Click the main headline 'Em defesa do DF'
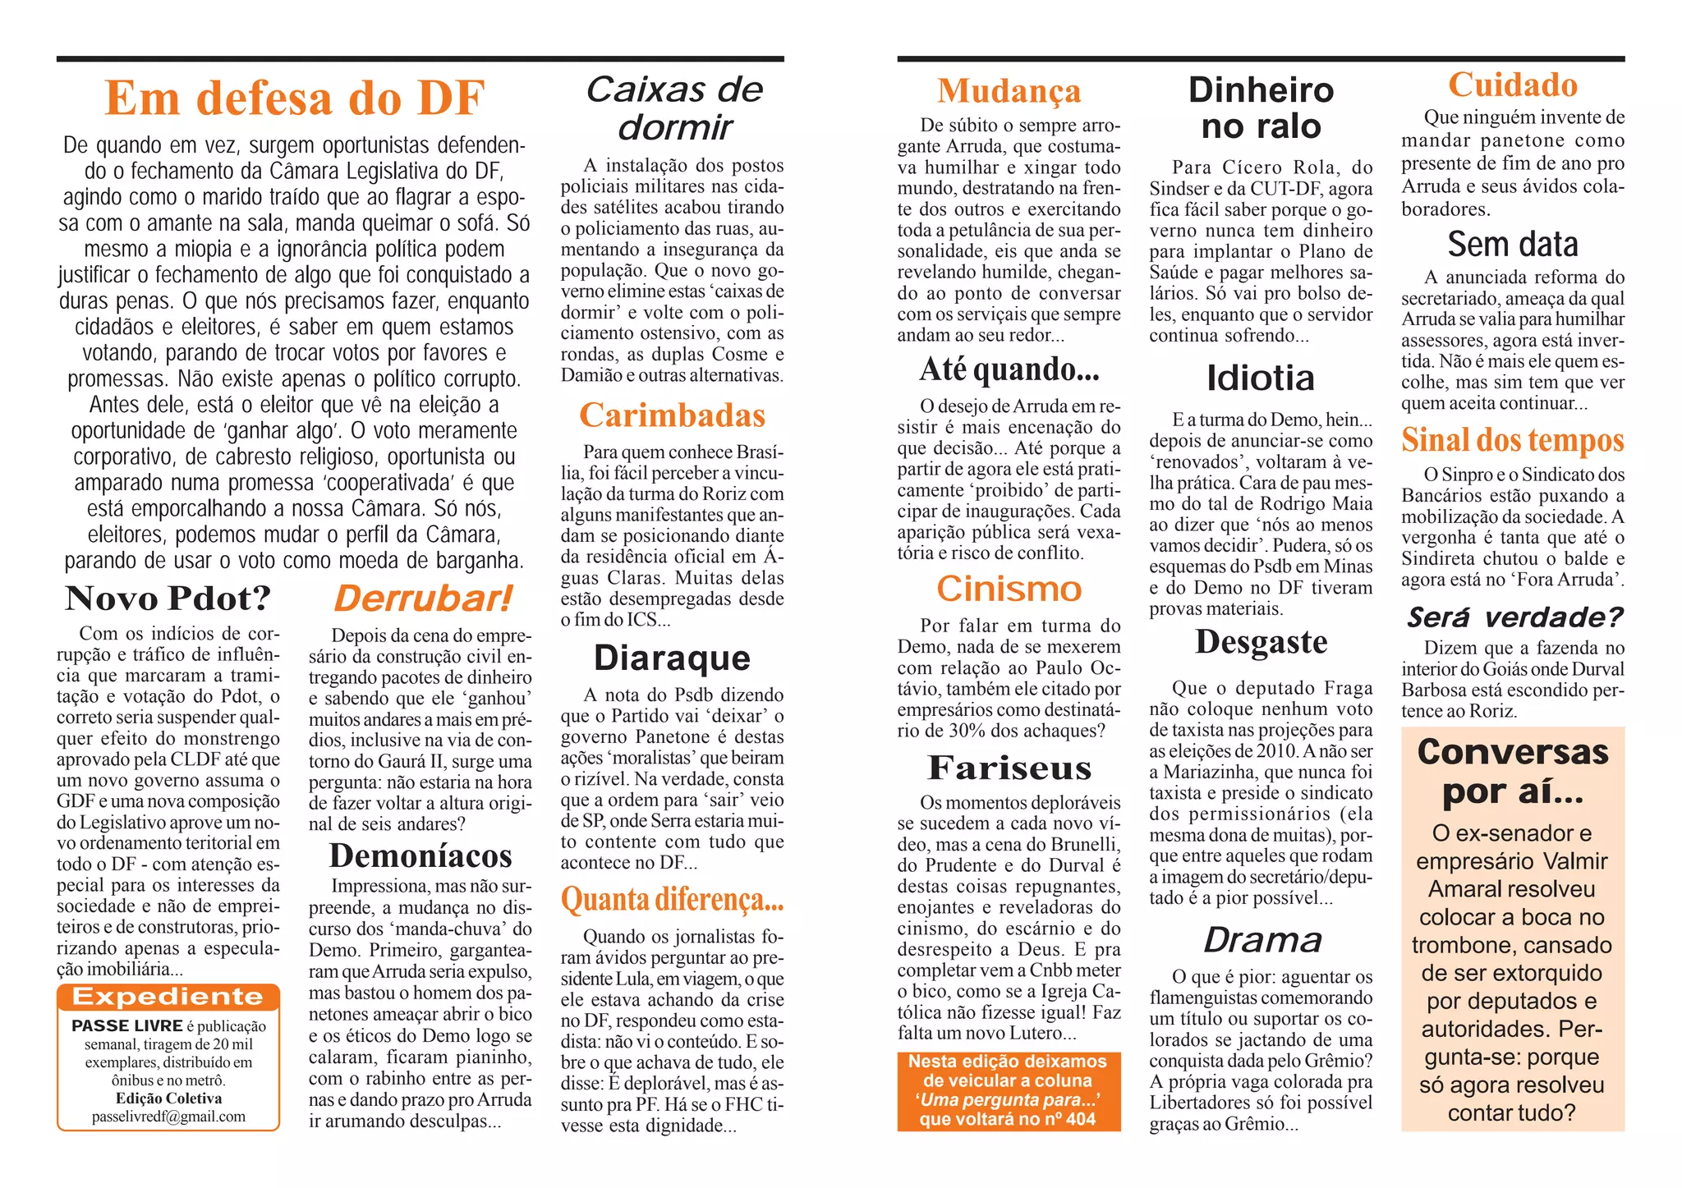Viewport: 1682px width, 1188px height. pyautogui.click(x=295, y=98)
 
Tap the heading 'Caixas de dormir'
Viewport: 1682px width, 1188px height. pyautogui.click(x=674, y=108)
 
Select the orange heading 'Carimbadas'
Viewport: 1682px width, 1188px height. pyautogui.click(x=672, y=415)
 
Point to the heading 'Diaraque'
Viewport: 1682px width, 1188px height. pyautogui.click(x=672, y=658)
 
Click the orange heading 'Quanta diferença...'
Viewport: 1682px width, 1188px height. pyautogui.click(x=672, y=900)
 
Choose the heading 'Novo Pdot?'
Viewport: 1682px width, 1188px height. pyautogui.click(x=168, y=599)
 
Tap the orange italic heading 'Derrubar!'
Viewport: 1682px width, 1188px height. pyautogui.click(x=422, y=599)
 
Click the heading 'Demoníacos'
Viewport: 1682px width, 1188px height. pyautogui.click(x=420, y=855)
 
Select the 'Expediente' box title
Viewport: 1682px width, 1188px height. pyautogui.click(x=168, y=997)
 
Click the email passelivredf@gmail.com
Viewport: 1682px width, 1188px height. pyautogui.click(x=168, y=1117)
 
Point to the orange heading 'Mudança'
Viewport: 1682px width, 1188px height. pyautogui.click(x=1009, y=91)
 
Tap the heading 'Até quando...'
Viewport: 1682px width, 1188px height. pyautogui.click(x=1009, y=369)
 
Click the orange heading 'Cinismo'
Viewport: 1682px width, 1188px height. pyautogui.click(x=1009, y=589)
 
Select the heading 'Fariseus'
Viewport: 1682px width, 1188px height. pyautogui.click(x=1009, y=768)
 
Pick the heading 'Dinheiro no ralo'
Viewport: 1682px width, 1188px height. pyautogui.click(x=1261, y=108)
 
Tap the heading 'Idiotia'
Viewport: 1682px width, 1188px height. pyautogui.click(x=1261, y=378)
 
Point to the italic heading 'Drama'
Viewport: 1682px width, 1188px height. pyautogui.click(x=1262, y=940)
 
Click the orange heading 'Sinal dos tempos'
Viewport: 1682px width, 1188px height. pyautogui.click(x=1512, y=440)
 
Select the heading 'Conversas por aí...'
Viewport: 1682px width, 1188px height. pyautogui.click(x=1512, y=772)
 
